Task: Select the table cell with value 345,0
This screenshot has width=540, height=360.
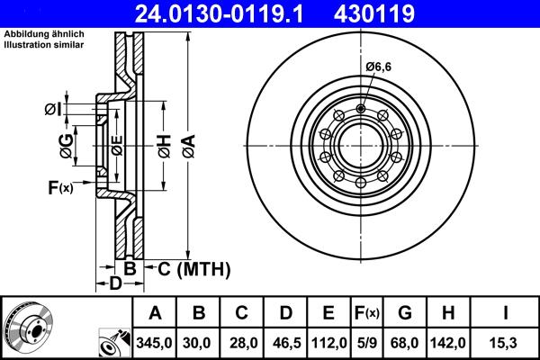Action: coord(156,341)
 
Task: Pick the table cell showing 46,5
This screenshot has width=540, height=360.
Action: coord(286,341)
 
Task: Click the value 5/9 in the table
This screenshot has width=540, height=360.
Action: coord(367,341)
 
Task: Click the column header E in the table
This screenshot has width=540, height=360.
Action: coord(328,313)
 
